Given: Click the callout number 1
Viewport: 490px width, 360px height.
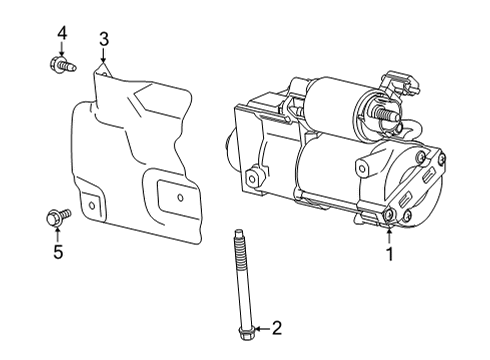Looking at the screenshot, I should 390,254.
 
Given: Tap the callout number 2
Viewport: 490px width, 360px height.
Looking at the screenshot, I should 277,327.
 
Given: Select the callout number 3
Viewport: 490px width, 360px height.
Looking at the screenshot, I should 104,39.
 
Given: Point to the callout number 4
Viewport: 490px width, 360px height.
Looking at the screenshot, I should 62,33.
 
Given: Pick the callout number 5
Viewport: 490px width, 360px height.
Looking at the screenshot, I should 57,253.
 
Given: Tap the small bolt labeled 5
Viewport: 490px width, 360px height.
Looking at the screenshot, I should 57,215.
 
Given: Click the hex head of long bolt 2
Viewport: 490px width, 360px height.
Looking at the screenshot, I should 245,326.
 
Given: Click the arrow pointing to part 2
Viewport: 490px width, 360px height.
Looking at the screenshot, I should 260,327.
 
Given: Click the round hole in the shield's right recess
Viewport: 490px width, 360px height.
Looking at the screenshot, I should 180,198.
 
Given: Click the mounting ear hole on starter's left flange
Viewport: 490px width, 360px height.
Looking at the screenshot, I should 254,180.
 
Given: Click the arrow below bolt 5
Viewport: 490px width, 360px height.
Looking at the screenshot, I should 57,234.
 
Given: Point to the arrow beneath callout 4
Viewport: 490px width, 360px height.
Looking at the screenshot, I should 62,52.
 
